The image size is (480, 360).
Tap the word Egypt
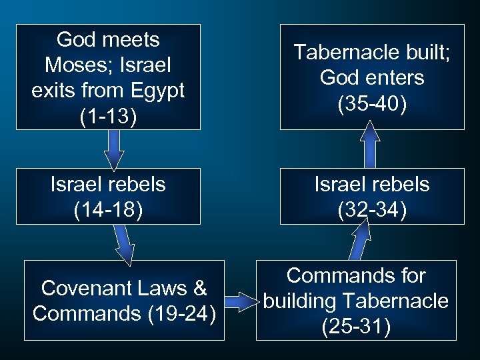(161, 91)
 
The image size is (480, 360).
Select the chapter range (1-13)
(108, 117)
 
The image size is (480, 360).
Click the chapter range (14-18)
(108, 210)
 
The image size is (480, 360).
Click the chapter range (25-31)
(356, 327)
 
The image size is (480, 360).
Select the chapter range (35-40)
(372, 104)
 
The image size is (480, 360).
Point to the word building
(299, 301)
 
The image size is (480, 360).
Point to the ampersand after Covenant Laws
(200, 288)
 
